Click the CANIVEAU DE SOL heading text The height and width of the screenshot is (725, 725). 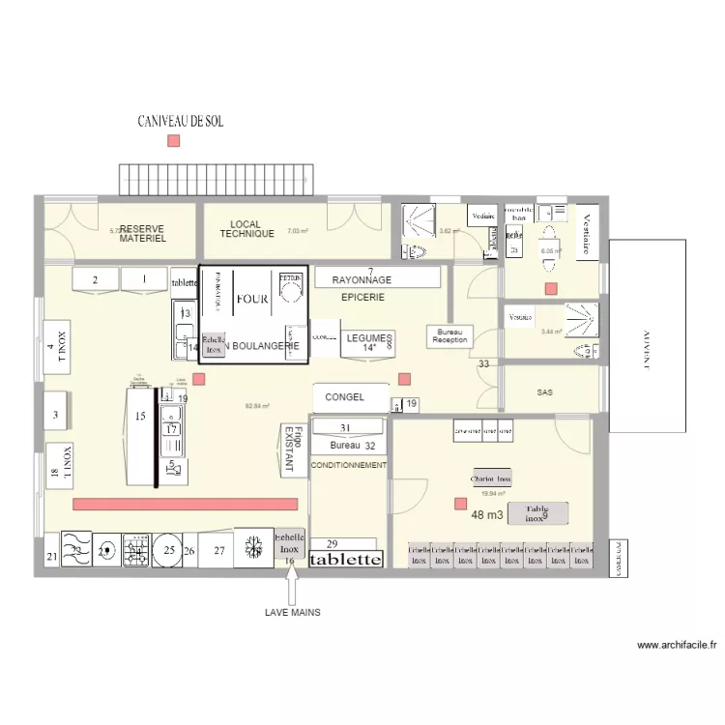189,122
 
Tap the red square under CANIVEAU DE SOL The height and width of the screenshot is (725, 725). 174,141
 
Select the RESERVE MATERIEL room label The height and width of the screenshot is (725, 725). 142,233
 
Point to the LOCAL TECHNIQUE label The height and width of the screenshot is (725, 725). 246,229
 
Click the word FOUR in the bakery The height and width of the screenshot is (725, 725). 252,299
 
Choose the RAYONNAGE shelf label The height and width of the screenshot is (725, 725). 362,279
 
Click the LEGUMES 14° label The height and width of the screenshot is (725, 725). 368,341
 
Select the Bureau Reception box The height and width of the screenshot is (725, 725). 449,335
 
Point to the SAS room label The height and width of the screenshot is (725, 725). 545,392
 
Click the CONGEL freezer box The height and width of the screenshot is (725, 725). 345,397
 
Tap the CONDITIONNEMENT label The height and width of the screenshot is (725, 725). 348,465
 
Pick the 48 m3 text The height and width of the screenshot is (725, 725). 487,515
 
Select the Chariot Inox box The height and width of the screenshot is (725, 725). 490,478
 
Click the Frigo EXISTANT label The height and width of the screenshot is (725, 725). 291,449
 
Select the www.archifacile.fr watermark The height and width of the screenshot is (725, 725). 677,646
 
